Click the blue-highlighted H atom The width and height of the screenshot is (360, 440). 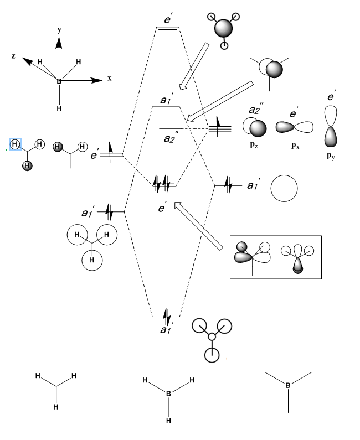click(x=15, y=144)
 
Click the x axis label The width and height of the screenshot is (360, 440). click(x=110, y=79)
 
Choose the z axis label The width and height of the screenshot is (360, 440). click(x=13, y=56)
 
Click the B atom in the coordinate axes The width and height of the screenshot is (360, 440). click(x=59, y=81)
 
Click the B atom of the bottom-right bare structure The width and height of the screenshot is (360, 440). click(x=288, y=385)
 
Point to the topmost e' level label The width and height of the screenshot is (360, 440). click(x=168, y=19)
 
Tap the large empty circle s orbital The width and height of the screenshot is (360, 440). click(x=285, y=189)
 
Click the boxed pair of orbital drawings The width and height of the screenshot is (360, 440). click(x=275, y=257)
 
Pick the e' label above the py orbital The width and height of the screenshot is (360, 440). click(x=332, y=97)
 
